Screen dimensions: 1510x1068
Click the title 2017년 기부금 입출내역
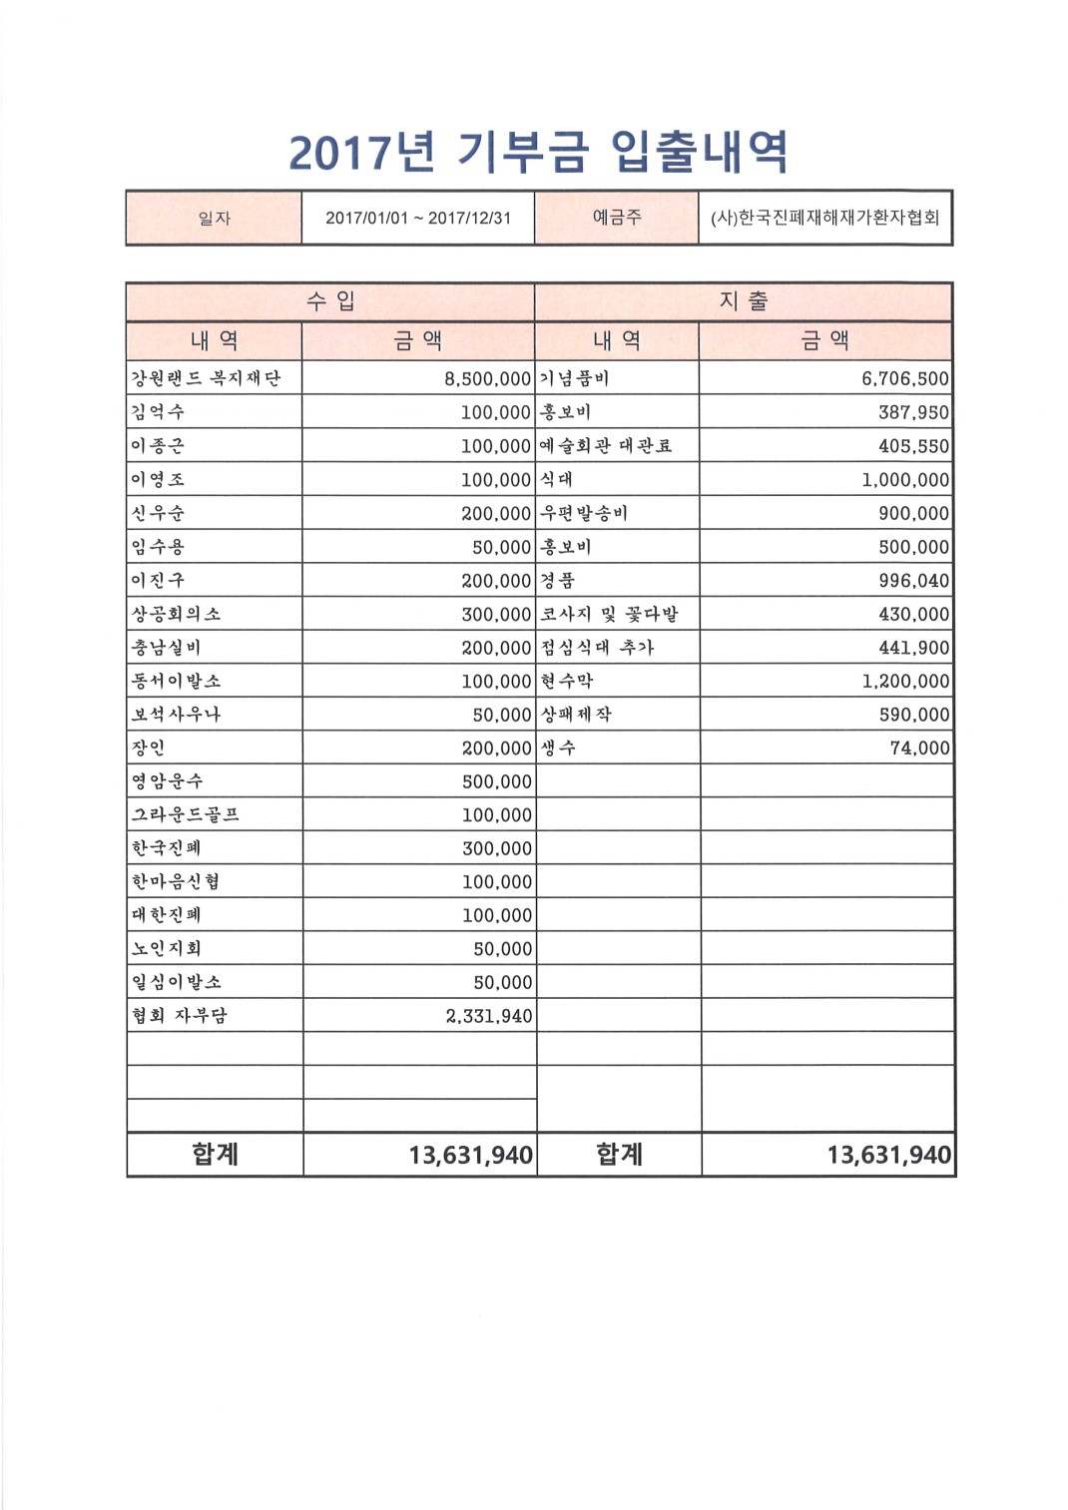[x=539, y=153]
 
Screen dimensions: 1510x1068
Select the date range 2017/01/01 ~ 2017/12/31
[x=417, y=218]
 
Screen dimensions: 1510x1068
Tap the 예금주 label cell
[x=616, y=218]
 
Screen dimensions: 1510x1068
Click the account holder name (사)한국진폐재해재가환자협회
[x=824, y=218]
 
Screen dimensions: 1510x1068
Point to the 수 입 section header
[x=330, y=301]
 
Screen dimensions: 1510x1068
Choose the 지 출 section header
[x=744, y=301]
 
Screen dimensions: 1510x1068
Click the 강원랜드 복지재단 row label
[x=207, y=378]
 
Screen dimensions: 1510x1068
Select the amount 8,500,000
[x=487, y=379]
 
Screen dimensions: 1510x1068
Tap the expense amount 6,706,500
[x=905, y=379]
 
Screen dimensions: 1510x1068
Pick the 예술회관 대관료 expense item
[x=606, y=446]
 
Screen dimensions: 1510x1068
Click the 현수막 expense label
[x=567, y=681]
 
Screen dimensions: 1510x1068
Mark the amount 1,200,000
[x=905, y=682]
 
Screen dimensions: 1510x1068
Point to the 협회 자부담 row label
[x=180, y=1015]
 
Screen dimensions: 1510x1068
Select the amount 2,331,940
[x=489, y=1016]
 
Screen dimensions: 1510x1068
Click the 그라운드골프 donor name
[x=186, y=814]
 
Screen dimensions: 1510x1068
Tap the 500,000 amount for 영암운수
[x=497, y=781]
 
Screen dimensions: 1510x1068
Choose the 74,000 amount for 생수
[x=919, y=749]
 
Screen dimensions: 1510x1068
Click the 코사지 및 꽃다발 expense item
[x=609, y=614]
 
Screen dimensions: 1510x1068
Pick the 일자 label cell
[x=214, y=218]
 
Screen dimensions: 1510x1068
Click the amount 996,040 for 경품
[x=913, y=581]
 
